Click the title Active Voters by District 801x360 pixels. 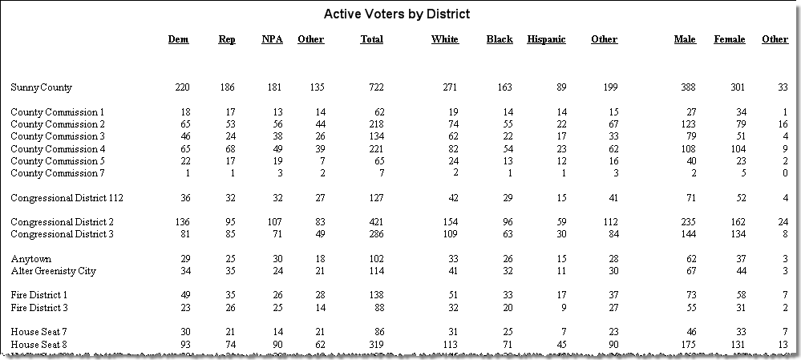(x=397, y=14)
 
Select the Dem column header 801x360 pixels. (x=178, y=39)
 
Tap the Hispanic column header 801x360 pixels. (x=546, y=40)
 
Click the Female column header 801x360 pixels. (x=729, y=39)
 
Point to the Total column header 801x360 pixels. (x=371, y=39)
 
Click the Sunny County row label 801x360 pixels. (x=42, y=87)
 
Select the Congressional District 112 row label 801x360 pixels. (x=67, y=198)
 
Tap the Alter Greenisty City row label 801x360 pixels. (x=53, y=271)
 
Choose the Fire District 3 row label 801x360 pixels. (x=38, y=308)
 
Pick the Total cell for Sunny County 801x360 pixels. (x=376, y=87)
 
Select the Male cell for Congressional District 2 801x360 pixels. (x=688, y=222)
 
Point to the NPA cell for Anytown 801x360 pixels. (x=277, y=259)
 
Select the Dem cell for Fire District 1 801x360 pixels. (x=184, y=295)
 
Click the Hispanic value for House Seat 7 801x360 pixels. (x=563, y=333)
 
